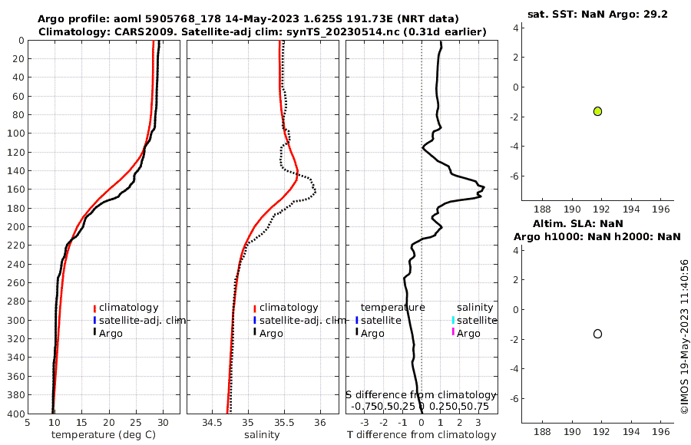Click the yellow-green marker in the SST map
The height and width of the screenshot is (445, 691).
point(597,111)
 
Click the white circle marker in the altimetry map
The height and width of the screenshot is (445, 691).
point(597,334)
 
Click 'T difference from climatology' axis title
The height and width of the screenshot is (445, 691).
point(422,435)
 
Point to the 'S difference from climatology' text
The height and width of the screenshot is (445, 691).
point(422,394)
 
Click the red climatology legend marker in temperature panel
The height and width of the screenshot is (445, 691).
point(94,308)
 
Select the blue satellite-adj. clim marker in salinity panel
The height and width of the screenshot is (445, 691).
point(254,320)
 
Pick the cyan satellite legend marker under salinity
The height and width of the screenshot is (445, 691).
point(453,320)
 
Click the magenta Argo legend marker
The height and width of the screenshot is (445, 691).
point(453,332)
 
